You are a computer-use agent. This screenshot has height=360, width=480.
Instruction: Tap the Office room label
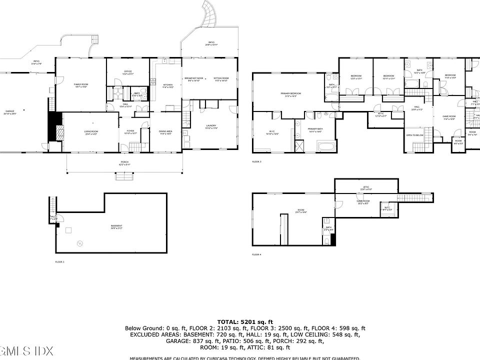coord(128,71)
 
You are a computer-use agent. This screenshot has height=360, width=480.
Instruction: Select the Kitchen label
coord(168,85)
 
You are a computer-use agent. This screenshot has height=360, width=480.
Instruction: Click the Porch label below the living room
coord(124,162)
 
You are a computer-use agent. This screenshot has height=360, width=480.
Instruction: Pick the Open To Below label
coord(415,135)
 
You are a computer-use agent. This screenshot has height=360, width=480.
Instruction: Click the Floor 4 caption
coord(256,255)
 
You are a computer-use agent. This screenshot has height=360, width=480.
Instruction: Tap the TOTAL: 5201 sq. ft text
coord(245,321)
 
